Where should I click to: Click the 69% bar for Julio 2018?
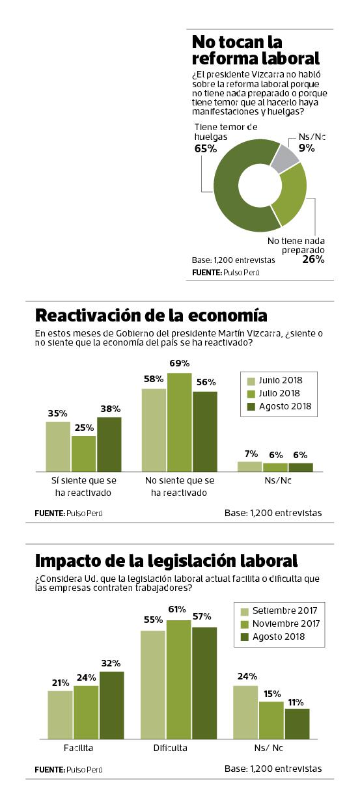[180, 422]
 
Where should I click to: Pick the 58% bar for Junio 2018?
[154, 430]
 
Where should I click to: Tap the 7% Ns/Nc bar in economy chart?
[249, 466]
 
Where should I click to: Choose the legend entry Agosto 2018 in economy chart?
[280, 407]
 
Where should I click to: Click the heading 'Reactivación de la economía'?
[150, 316]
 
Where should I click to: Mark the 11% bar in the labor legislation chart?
[297, 723]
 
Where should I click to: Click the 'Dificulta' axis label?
[170, 748]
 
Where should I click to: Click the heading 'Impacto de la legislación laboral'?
[166, 560]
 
